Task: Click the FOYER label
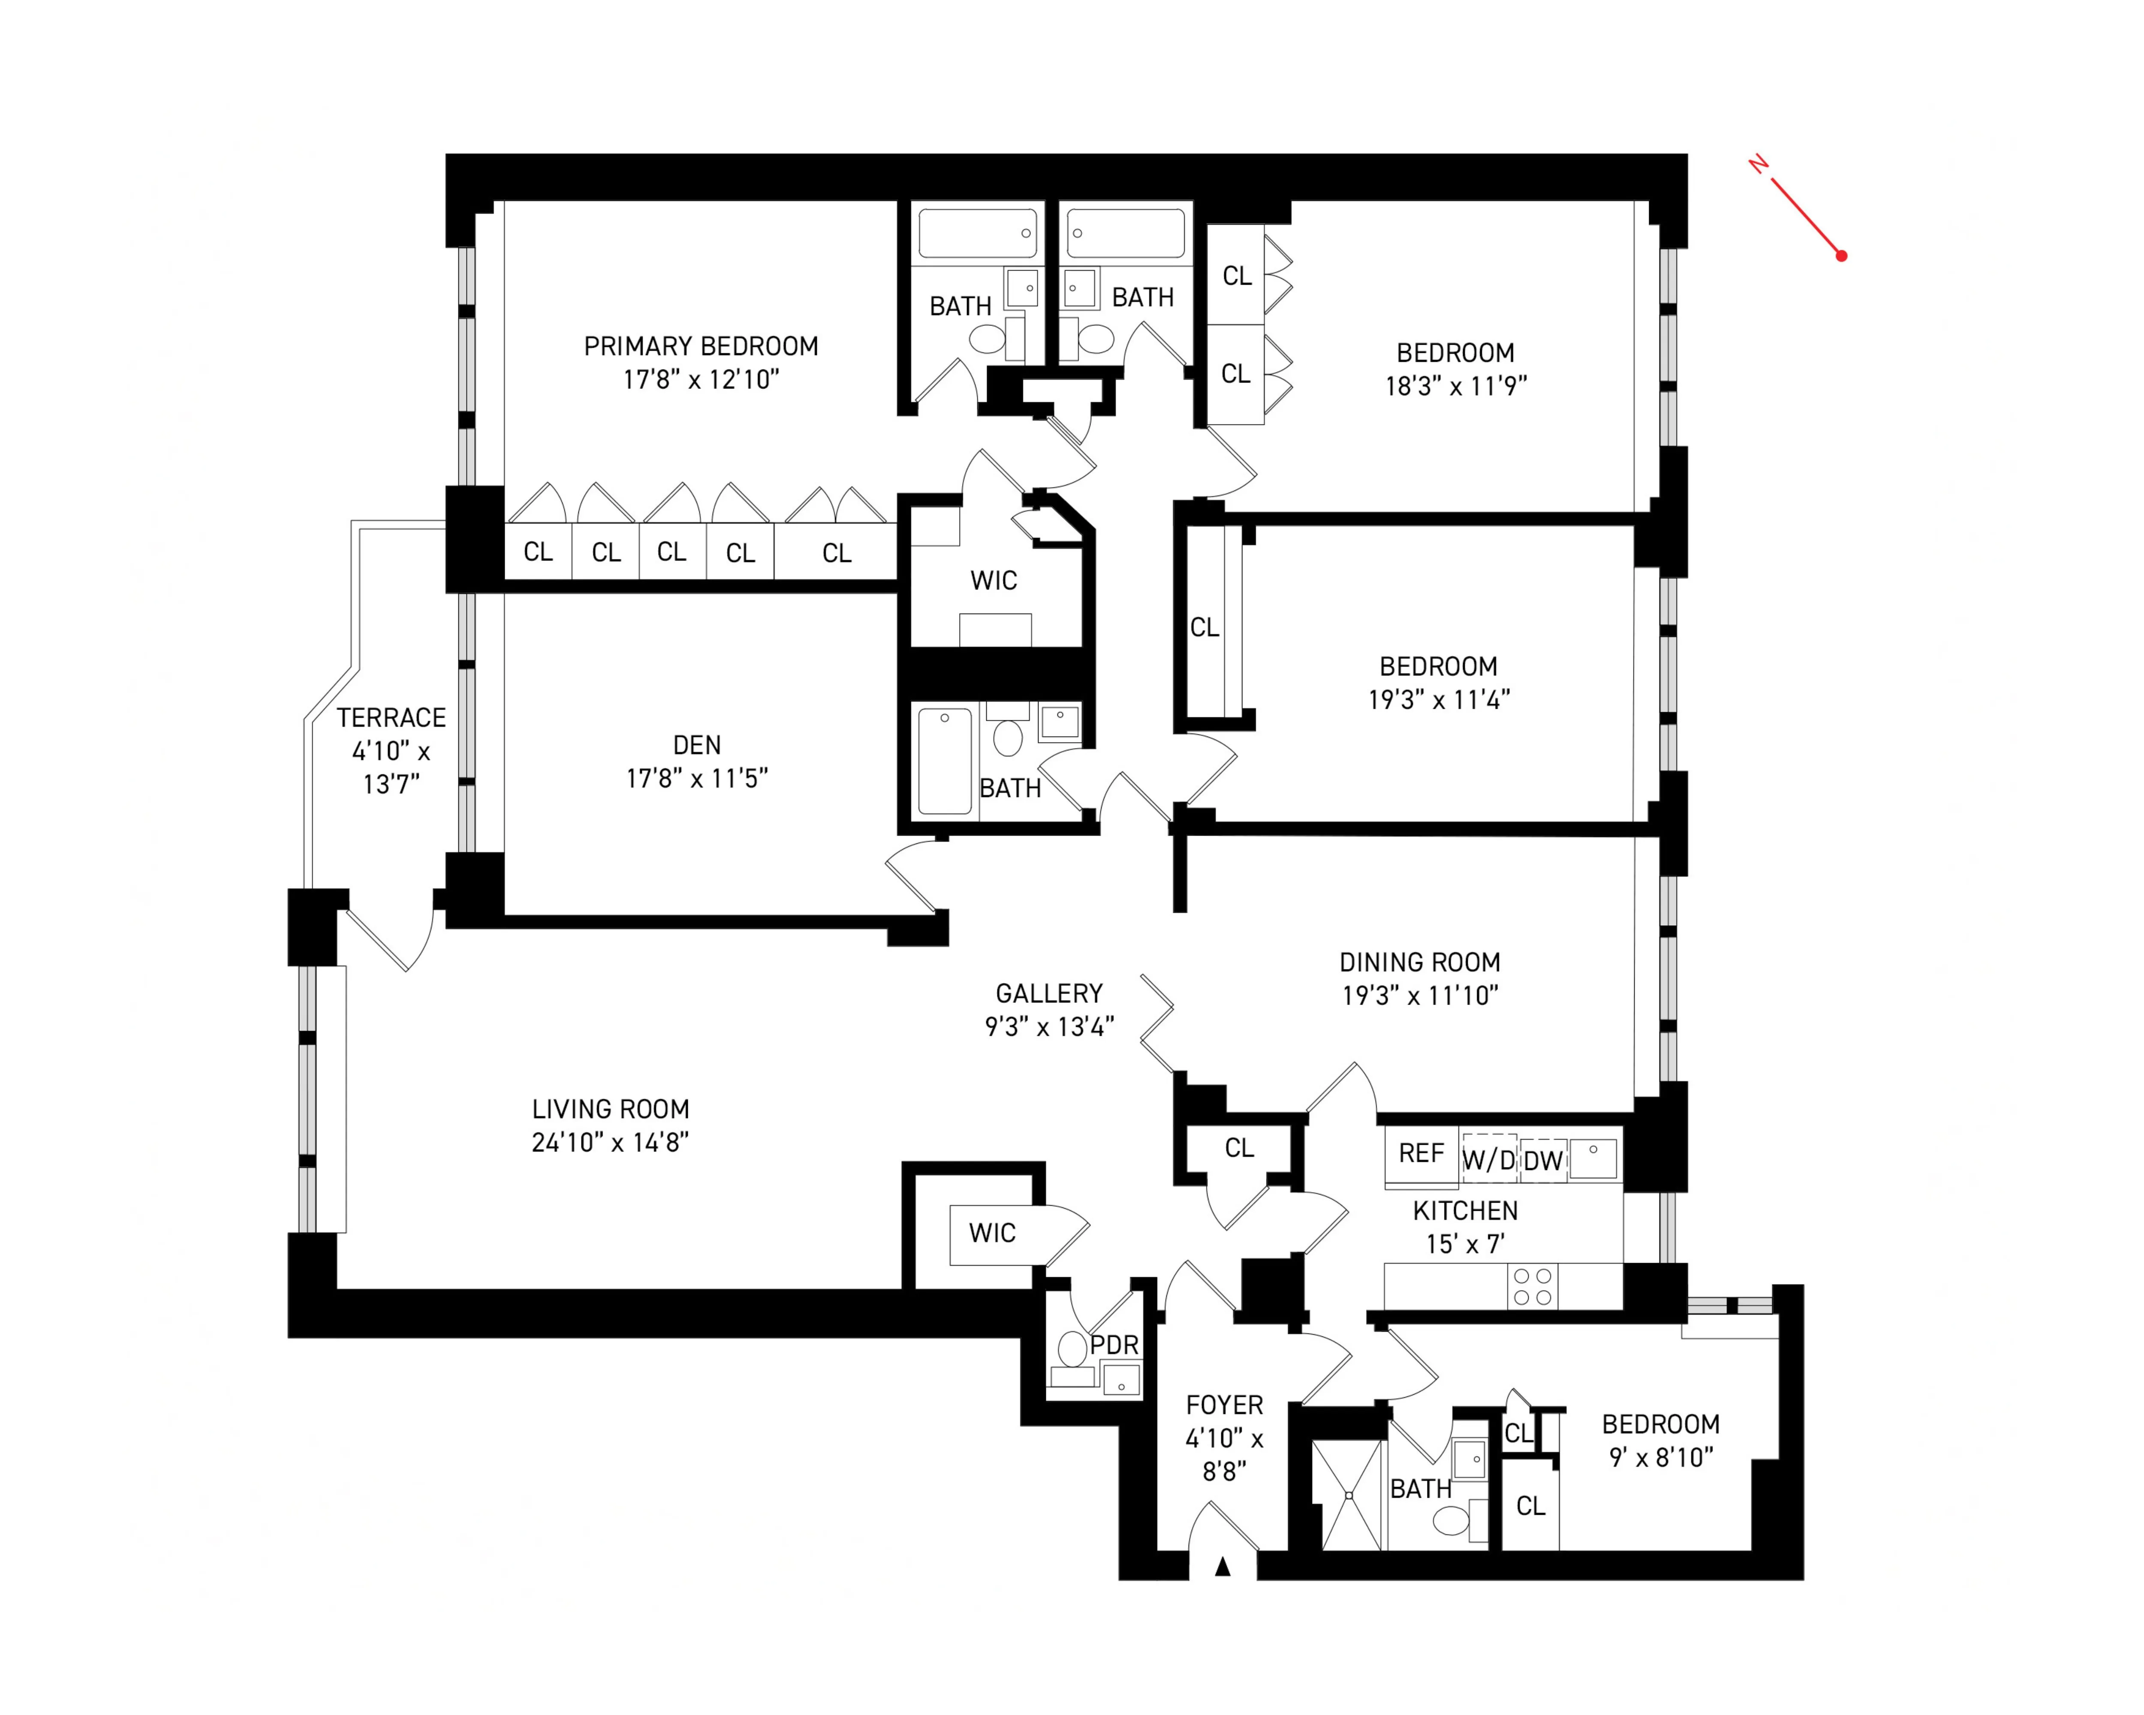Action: (x=1224, y=1405)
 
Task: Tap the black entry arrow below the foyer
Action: (x=1223, y=1567)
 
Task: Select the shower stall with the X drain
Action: (x=1349, y=1494)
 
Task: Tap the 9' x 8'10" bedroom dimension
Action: (x=1661, y=1457)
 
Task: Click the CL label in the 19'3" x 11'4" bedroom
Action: (x=1204, y=627)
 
